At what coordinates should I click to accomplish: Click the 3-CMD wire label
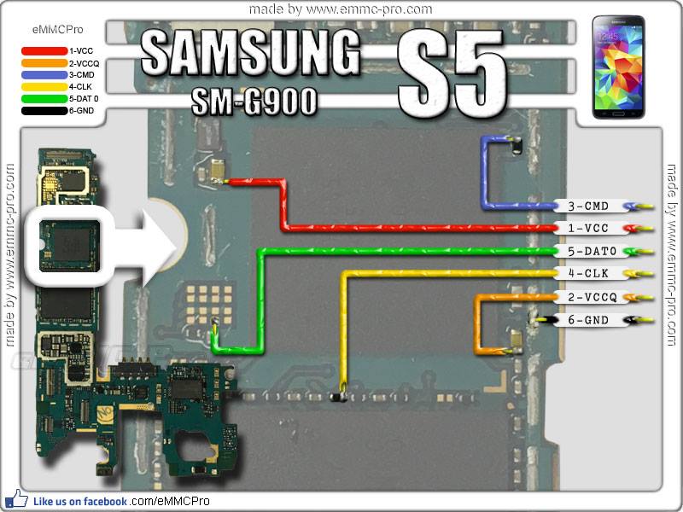[x=588, y=206]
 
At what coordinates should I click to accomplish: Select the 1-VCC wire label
[x=588, y=228]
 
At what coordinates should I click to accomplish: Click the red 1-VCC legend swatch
[x=44, y=51]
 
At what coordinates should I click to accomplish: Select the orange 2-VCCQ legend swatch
[x=44, y=63]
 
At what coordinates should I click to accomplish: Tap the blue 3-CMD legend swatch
[x=44, y=75]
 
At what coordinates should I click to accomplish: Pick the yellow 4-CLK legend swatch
[x=44, y=87]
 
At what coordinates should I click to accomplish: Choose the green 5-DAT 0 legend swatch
[x=44, y=99]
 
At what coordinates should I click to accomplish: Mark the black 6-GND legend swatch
[x=44, y=111]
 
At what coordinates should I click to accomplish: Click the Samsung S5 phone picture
[x=618, y=67]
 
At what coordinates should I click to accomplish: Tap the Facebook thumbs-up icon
[x=16, y=499]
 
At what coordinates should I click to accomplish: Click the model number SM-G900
[x=254, y=102]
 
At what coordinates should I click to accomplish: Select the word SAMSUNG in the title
[x=250, y=54]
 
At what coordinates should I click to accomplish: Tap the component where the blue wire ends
[x=517, y=145]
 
